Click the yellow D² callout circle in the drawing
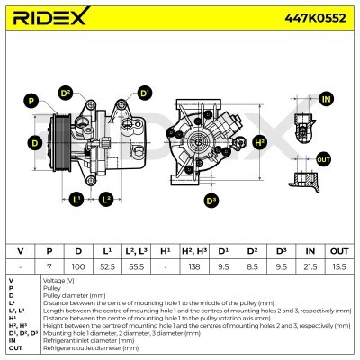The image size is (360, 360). (x=66, y=93)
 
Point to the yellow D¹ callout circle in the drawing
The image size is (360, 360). (x=144, y=93)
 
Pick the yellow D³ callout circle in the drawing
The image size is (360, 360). (x=211, y=200)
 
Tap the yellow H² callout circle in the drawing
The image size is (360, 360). (x=260, y=142)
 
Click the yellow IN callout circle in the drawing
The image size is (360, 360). (x=326, y=99)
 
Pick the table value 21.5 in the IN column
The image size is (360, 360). (x=310, y=267)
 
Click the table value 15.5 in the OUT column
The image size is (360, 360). (x=339, y=267)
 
